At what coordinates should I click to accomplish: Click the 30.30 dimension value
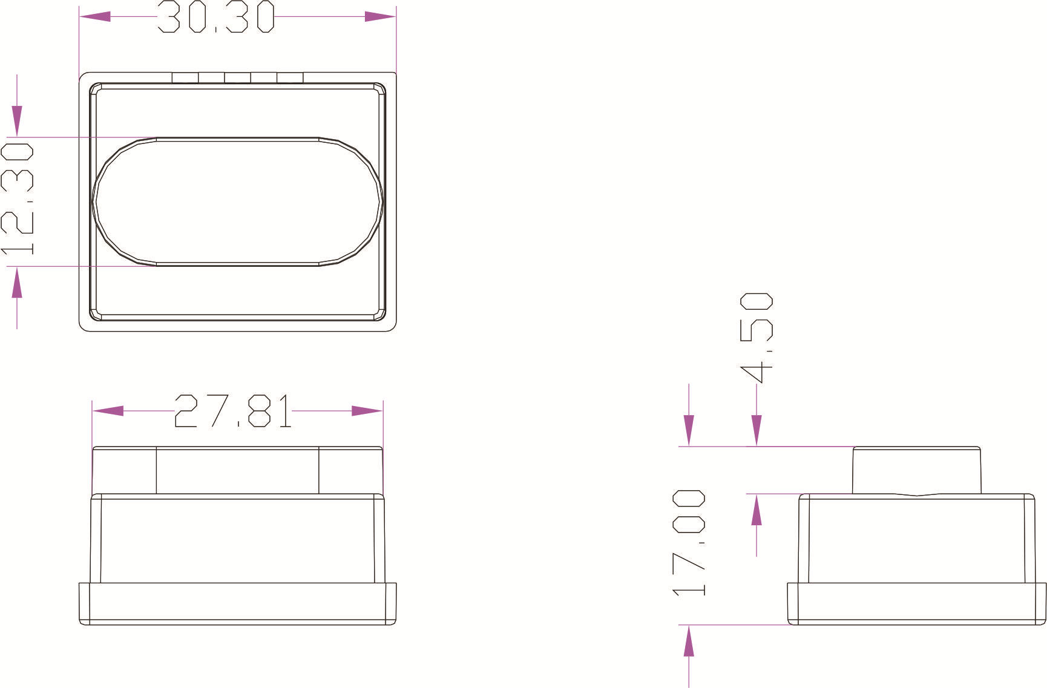pyautogui.click(x=216, y=16)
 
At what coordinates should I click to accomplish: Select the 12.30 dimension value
pyautogui.click(x=17, y=198)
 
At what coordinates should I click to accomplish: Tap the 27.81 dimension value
pyautogui.click(x=233, y=411)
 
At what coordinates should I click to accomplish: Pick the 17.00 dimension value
pyautogui.click(x=689, y=543)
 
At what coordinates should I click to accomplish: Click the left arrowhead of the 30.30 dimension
pyautogui.click(x=95, y=16)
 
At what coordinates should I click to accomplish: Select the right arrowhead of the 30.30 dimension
pyautogui.click(x=380, y=16)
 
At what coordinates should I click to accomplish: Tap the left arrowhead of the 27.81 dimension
pyautogui.click(x=108, y=411)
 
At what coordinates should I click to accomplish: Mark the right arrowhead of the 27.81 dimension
pyautogui.click(x=367, y=411)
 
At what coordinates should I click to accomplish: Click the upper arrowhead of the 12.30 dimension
pyautogui.click(x=17, y=121)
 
